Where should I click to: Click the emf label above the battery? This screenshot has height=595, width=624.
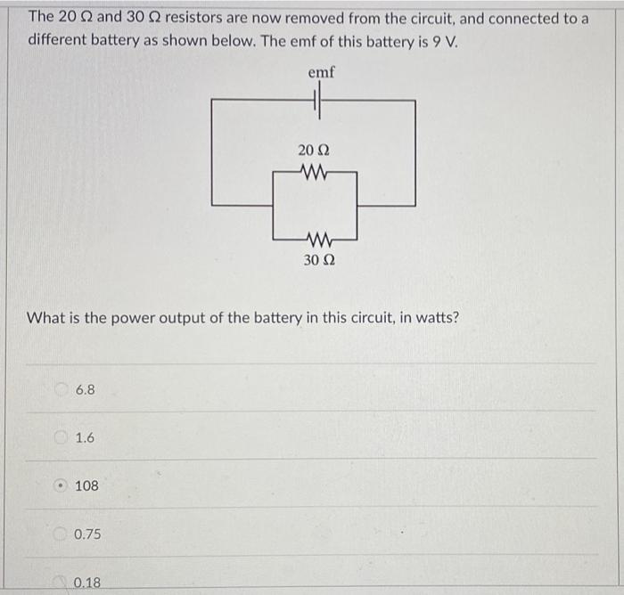click(x=321, y=72)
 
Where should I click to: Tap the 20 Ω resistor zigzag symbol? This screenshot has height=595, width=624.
click(x=314, y=173)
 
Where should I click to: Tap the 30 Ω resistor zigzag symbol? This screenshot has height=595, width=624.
click(x=316, y=239)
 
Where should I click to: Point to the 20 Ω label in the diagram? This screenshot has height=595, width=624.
click(x=315, y=151)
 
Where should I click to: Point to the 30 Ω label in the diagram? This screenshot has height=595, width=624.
click(x=318, y=261)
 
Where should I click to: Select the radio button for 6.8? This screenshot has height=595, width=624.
click(x=62, y=390)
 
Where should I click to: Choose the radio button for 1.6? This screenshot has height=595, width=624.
click(x=62, y=438)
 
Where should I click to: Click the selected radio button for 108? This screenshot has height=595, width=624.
click(x=62, y=486)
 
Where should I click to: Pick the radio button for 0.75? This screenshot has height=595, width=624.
click(x=62, y=534)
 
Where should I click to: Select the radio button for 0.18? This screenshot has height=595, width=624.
click(x=62, y=583)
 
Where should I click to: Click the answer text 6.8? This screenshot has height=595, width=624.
click(x=86, y=390)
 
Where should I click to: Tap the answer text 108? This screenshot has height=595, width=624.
click(x=87, y=486)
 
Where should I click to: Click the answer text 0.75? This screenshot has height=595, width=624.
click(x=88, y=534)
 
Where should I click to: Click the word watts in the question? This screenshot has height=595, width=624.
click(x=437, y=317)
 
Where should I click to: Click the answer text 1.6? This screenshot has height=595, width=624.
click(x=86, y=438)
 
